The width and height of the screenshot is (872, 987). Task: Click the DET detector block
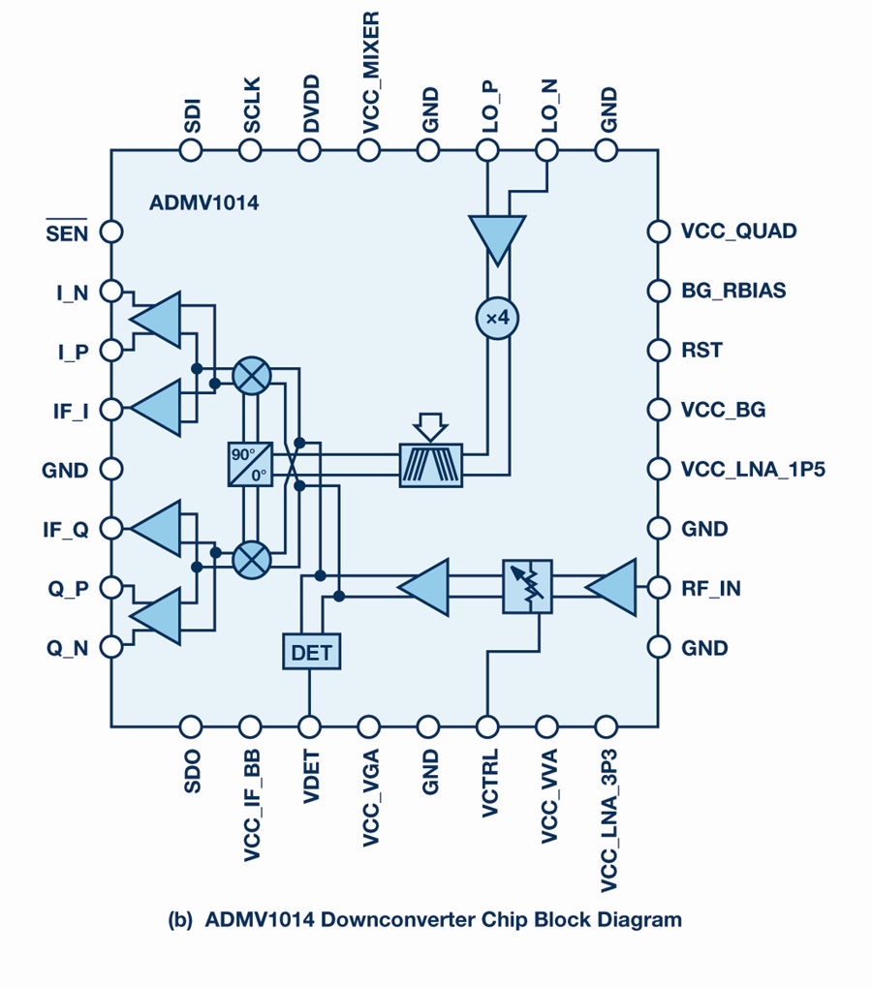pyautogui.click(x=312, y=652)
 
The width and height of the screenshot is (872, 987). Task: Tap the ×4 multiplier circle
pyautogui.click(x=497, y=318)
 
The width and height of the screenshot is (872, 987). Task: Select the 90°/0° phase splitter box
pyautogui.click(x=251, y=464)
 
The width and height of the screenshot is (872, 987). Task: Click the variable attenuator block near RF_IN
pyautogui.click(x=528, y=587)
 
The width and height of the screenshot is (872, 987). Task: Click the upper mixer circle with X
pyautogui.click(x=252, y=376)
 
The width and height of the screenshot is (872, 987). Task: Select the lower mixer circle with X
pyautogui.click(x=252, y=559)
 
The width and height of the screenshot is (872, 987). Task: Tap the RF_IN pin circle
pyautogui.click(x=659, y=588)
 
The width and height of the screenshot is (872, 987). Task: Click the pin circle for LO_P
pyautogui.click(x=487, y=150)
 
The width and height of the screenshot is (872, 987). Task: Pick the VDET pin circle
pyautogui.click(x=309, y=727)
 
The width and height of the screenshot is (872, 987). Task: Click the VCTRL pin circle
pyautogui.click(x=487, y=727)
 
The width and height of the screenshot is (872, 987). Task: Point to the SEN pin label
pyautogui.click(x=67, y=231)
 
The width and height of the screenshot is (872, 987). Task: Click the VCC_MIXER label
pyautogui.click(x=370, y=73)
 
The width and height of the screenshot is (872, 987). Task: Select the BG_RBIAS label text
pyautogui.click(x=733, y=291)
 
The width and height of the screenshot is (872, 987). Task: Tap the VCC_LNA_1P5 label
pyautogui.click(x=753, y=470)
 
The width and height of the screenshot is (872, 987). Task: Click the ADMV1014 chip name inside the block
pyautogui.click(x=204, y=202)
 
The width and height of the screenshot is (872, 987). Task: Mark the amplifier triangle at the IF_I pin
pyautogui.click(x=155, y=408)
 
